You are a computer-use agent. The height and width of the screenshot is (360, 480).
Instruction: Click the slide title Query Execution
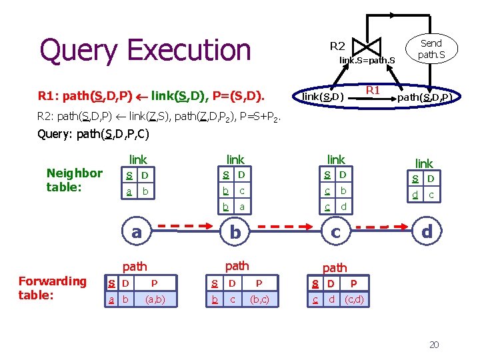pyautogui.click(x=145, y=50)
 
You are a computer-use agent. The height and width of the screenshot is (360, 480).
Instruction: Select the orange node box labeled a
pyautogui.click(x=137, y=232)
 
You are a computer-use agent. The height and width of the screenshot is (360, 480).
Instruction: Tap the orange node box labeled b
pyautogui.click(x=235, y=232)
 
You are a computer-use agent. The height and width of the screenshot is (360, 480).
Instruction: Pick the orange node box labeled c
pyautogui.click(x=336, y=232)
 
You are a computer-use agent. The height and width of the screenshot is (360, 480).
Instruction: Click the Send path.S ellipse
pyautogui.click(x=431, y=49)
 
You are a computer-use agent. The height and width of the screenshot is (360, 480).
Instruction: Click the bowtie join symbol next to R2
pyautogui.click(x=367, y=46)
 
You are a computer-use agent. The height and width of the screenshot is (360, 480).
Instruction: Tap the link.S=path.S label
pyautogui.click(x=367, y=61)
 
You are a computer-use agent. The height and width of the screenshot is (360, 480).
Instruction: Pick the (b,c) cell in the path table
pyautogui.click(x=259, y=300)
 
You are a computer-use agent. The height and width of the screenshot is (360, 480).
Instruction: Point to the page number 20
pyautogui.click(x=433, y=345)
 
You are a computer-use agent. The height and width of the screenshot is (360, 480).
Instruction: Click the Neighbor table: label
pyautogui.click(x=74, y=180)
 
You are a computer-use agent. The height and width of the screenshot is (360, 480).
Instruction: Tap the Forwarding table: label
pyautogui.click(x=52, y=288)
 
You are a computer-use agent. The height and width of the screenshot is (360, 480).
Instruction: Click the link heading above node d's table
pyautogui.click(x=424, y=163)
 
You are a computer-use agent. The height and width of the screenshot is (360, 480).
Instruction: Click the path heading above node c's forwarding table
pyautogui.click(x=335, y=267)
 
